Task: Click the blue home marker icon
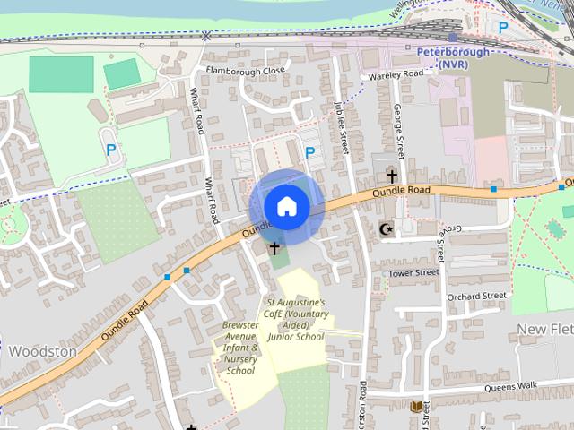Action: click(x=286, y=205)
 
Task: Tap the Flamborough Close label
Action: click(x=245, y=70)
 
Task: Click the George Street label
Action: click(x=399, y=129)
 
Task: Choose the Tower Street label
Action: click(x=413, y=272)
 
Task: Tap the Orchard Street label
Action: click(x=476, y=296)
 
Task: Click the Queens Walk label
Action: click(x=509, y=386)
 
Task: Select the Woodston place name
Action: click(x=43, y=352)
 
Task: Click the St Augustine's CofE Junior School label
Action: click(x=295, y=320)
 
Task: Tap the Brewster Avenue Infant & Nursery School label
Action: click(x=240, y=348)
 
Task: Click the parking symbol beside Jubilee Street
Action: click(x=309, y=152)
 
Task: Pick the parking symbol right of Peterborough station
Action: click(x=504, y=28)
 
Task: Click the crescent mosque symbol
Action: click(x=387, y=229)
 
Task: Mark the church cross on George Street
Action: click(x=392, y=176)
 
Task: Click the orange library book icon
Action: click(x=416, y=408)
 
